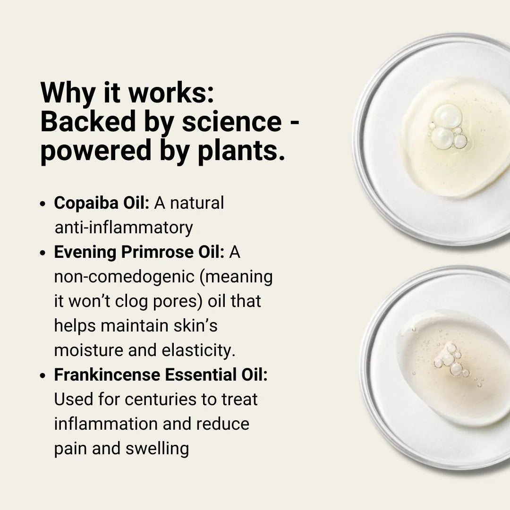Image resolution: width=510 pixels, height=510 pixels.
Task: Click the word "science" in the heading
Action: point(231,122)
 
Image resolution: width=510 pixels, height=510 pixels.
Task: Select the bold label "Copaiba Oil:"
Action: point(102,203)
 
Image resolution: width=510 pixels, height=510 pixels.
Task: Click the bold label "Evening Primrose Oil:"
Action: point(139,252)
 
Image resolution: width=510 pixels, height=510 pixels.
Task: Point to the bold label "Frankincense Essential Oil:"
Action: point(161,375)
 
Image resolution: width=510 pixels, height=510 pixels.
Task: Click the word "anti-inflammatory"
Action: point(124,228)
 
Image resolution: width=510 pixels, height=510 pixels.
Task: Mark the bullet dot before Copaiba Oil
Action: point(43,204)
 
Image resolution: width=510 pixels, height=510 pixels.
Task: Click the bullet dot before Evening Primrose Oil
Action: point(43,254)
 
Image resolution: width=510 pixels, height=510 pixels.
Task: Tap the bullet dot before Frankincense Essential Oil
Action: point(43,376)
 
